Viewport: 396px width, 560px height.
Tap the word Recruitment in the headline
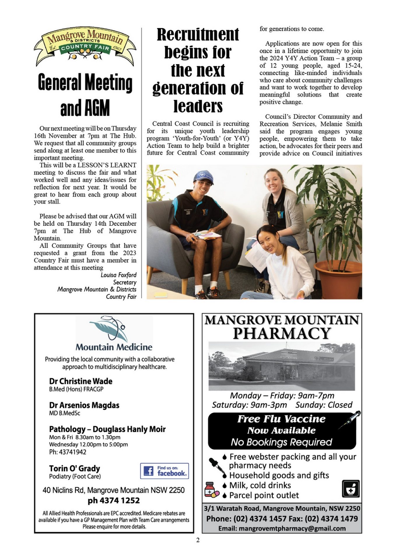pyautogui.click(x=198, y=35)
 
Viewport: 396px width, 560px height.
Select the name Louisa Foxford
pyautogui.click(x=118, y=275)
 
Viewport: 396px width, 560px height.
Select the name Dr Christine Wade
pyautogui.click(x=80, y=381)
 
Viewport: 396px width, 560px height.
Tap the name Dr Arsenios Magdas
pyautogui.click(x=84, y=405)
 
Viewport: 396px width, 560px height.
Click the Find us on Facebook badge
pyautogui.click(x=164, y=471)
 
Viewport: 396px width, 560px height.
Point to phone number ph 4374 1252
pyautogui.click(x=114, y=501)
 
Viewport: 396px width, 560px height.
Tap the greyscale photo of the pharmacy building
pyautogui.click(x=281, y=366)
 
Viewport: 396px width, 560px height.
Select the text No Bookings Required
pyautogui.click(x=281, y=442)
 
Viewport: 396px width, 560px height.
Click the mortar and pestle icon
pyautogui.click(x=351, y=489)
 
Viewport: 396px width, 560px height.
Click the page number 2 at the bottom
pyautogui.click(x=198, y=540)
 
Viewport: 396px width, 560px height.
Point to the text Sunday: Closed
pyautogui.click(x=324, y=405)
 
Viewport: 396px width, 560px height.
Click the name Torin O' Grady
pyautogui.click(x=74, y=468)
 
